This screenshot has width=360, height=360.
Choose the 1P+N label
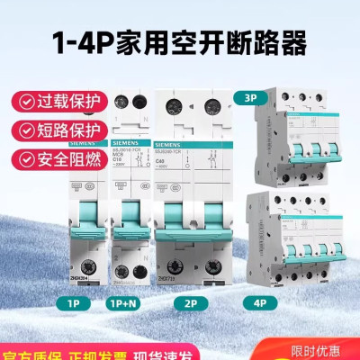(129, 305)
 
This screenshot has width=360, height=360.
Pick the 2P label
(193, 305)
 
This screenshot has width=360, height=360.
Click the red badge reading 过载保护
(55, 99)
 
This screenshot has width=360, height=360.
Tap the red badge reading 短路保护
(55, 132)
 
